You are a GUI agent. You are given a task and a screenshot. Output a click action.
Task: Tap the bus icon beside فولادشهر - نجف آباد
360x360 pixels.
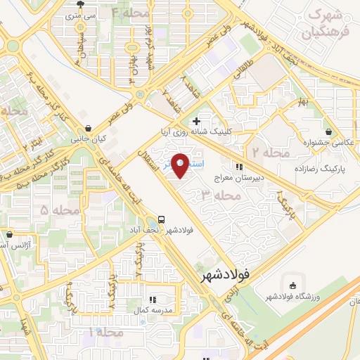(x=162, y=219)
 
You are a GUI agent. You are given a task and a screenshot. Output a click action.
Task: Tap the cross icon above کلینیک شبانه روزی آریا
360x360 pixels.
(x=205, y=121)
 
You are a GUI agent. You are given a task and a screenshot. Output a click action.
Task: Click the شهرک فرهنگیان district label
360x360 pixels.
(x=324, y=25)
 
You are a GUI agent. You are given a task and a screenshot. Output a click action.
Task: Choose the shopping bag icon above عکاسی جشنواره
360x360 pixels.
(x=328, y=131)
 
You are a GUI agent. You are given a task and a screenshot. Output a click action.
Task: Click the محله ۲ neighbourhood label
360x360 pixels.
(x=266, y=151)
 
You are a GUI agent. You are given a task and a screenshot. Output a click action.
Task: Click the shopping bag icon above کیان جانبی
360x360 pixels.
(x=88, y=128)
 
